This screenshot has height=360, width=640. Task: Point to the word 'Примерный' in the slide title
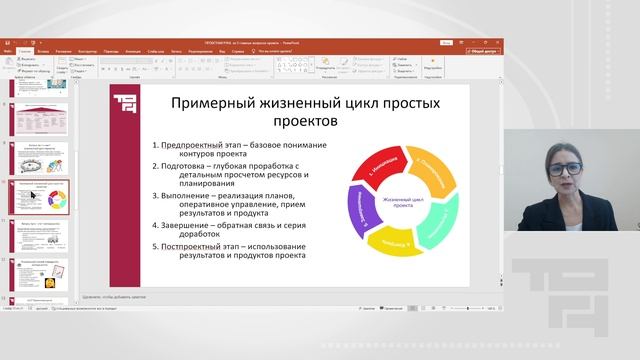207,103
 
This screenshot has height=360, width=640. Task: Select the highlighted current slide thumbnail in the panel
39,199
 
